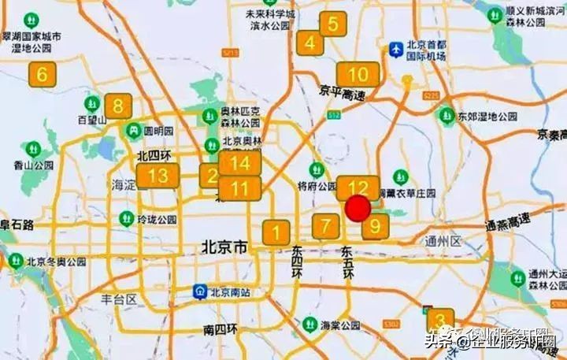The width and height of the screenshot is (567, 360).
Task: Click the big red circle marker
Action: pos(358,210)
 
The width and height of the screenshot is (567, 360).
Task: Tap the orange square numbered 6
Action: pos(43,76)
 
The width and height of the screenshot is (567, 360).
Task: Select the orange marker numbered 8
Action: pos(118,106)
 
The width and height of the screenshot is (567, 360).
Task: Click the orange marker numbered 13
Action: pos(157,176)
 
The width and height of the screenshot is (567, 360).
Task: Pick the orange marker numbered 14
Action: pos(239,163)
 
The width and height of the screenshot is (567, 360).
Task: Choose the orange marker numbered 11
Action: pos(239,189)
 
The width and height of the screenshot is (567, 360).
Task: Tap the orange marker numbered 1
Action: pos(276,232)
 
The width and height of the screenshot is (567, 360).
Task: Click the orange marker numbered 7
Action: pos(326,225)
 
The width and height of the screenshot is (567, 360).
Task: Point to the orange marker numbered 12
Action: pos(358,187)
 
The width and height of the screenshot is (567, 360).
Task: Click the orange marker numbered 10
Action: pos(358,75)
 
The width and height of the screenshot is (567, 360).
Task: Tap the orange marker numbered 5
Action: pos(333,24)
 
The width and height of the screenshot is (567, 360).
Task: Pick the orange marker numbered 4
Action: pos(311,43)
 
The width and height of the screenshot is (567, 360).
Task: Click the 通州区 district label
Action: pos(442,241)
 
